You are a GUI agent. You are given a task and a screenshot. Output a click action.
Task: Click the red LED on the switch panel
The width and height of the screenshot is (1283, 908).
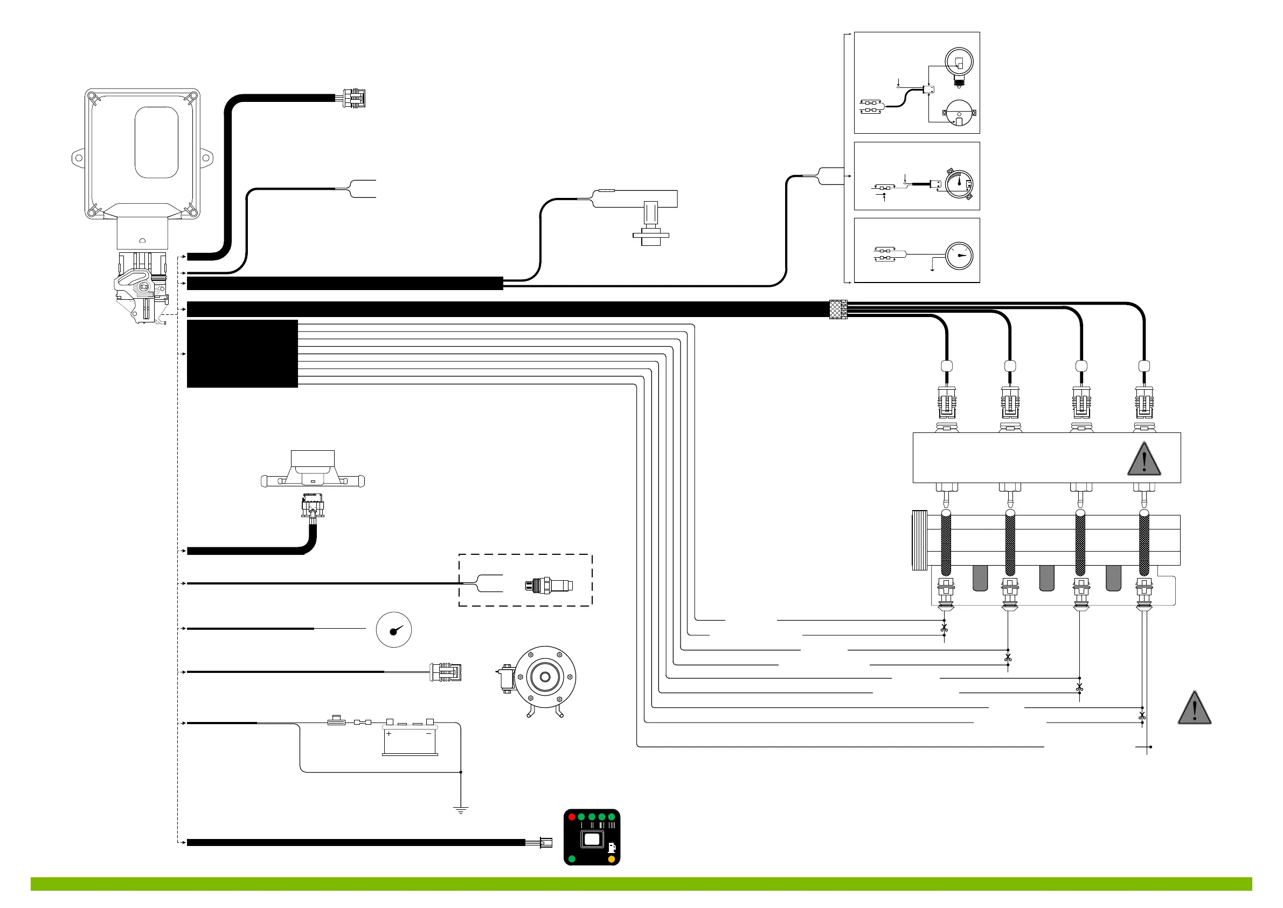click(572, 817)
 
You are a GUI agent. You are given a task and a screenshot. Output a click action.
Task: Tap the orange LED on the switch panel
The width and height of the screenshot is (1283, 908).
click(612, 859)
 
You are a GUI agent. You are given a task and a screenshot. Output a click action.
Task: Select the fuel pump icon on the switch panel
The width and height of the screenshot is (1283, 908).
click(612, 848)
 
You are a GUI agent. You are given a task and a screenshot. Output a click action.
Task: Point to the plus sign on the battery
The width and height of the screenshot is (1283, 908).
click(389, 733)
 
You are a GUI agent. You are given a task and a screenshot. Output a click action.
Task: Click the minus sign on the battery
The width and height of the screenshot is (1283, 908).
click(428, 733)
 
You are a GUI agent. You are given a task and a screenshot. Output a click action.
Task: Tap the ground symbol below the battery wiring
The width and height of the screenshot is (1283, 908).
click(461, 810)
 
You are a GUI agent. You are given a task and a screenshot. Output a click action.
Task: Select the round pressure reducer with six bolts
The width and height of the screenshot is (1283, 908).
click(545, 677)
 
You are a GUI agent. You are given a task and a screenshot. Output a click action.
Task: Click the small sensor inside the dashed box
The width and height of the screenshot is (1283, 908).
click(548, 586)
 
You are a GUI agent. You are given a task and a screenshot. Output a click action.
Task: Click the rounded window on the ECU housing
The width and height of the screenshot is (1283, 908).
click(156, 142)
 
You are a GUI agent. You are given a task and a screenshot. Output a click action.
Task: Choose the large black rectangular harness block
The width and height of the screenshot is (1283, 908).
click(242, 353)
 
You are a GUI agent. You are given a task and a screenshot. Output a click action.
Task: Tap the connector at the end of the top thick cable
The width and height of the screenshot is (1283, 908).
click(354, 99)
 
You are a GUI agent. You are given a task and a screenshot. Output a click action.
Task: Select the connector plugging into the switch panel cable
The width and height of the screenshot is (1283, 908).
click(545, 843)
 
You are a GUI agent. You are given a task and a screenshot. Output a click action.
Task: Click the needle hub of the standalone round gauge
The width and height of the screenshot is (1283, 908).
click(393, 632)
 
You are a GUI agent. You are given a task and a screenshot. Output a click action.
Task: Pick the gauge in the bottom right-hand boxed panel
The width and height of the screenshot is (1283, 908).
click(960, 256)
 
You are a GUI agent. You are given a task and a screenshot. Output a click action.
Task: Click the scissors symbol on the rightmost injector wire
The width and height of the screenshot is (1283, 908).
click(1142, 716)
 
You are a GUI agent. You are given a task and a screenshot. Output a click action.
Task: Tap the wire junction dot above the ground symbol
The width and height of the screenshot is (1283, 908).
click(461, 772)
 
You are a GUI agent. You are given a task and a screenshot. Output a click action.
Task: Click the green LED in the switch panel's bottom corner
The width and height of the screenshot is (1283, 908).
click(572, 859)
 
